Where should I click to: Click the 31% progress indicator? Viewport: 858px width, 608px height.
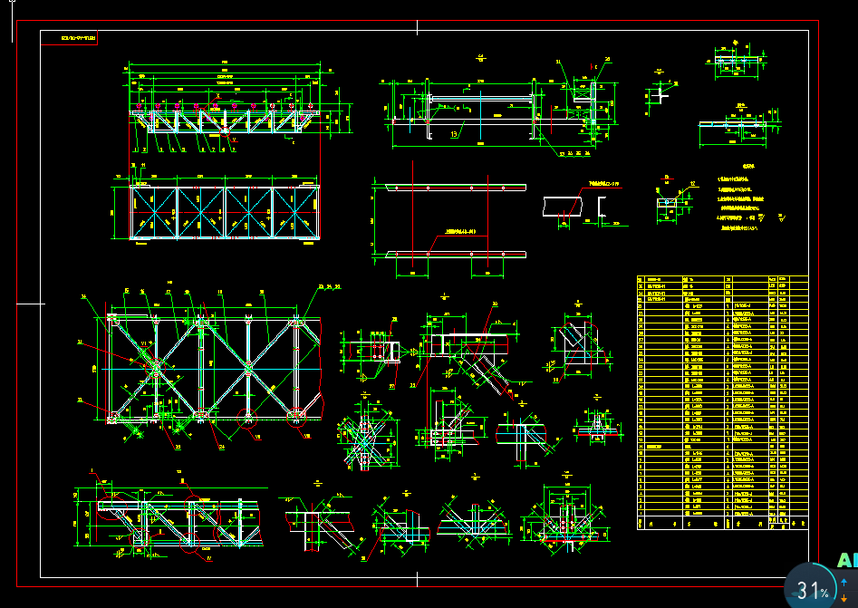pos(813,591)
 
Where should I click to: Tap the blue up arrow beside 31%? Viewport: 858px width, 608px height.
pos(844,581)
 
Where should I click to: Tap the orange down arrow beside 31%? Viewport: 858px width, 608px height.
pos(844,597)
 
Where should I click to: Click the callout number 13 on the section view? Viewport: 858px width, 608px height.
pos(454,132)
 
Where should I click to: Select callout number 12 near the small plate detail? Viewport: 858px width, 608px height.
pos(694,184)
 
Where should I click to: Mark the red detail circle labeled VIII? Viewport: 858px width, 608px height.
pos(297,418)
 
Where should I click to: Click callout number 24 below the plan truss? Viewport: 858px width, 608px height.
pos(223,446)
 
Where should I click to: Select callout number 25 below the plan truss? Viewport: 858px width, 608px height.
pos(178,446)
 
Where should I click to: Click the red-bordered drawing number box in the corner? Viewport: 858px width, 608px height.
pos(77,39)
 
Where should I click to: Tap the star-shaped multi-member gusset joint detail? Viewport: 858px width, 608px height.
pos(362,442)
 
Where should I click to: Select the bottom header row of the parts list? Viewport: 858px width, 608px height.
pos(722,524)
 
